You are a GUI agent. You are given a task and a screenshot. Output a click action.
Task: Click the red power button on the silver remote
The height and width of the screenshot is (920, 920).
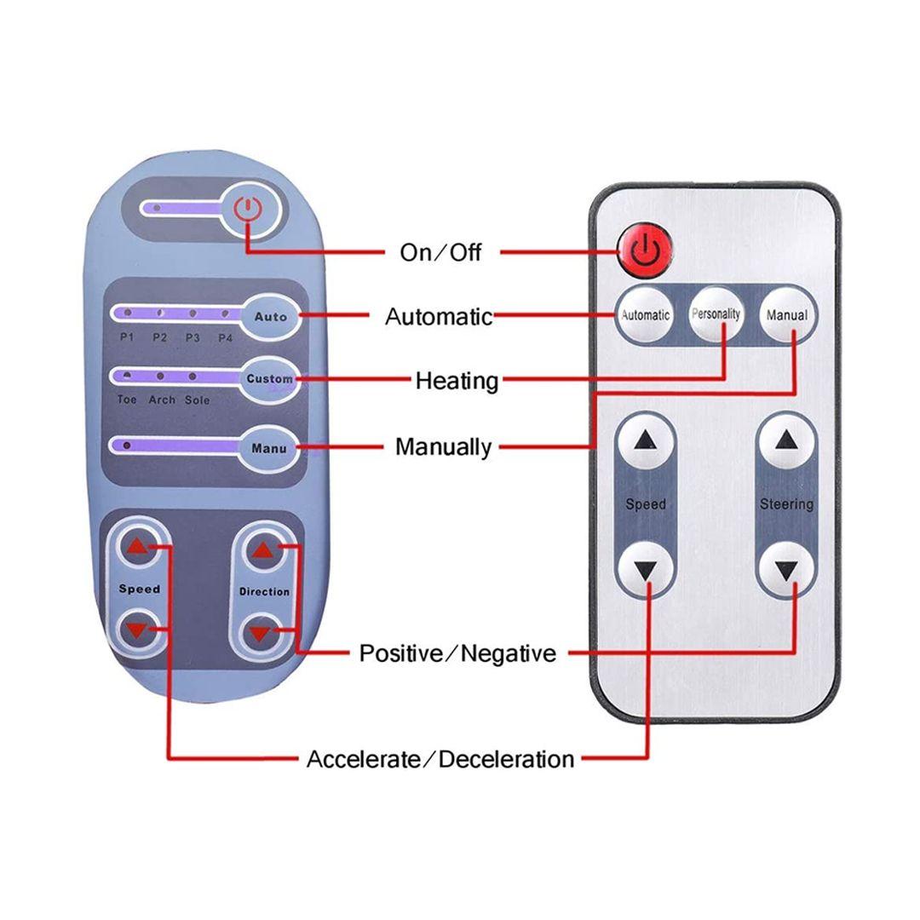tap(645, 250)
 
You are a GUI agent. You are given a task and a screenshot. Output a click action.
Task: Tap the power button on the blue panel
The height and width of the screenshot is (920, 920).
tap(246, 209)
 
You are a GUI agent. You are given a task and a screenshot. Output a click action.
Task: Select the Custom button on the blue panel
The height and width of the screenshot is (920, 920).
tap(269, 378)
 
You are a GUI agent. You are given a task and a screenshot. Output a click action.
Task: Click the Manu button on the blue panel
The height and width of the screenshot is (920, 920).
tap(269, 448)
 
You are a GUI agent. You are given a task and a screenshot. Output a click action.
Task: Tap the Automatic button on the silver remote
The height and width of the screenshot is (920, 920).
tap(645, 315)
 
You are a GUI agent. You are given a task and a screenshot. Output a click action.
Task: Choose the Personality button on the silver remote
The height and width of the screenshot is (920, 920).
tap(716, 313)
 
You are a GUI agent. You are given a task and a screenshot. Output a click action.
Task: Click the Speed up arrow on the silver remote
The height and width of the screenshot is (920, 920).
tap(645, 440)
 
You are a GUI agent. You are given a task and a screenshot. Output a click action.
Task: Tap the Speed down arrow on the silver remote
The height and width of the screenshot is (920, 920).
tap(645, 568)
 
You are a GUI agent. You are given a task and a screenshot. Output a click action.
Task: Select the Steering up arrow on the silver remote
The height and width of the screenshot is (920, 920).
tap(786, 440)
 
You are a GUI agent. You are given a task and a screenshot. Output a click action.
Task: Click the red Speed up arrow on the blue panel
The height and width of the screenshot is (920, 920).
tap(137, 547)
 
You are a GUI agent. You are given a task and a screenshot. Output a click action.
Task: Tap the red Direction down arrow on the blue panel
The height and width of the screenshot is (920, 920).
tap(261, 633)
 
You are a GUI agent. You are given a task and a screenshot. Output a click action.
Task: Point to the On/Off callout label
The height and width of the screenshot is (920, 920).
tap(440, 252)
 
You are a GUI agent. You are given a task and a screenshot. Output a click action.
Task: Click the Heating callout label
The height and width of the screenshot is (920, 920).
tap(457, 381)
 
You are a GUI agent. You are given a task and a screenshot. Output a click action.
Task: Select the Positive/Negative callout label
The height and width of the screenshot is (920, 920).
tap(457, 653)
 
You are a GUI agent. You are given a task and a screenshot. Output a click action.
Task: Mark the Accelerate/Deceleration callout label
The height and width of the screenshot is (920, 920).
tap(440, 759)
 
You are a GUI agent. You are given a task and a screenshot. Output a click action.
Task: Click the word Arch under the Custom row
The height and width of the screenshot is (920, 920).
tap(162, 400)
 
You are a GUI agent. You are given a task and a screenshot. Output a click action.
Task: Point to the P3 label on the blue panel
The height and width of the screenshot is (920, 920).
tap(193, 337)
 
